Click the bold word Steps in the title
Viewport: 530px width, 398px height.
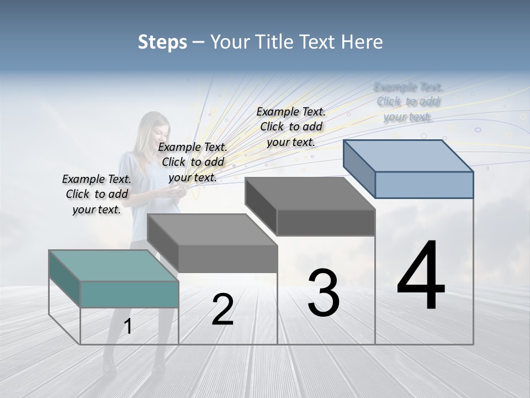[x=162, y=42]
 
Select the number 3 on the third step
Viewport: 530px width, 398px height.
[x=323, y=292]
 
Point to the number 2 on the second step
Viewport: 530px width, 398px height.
[x=222, y=310]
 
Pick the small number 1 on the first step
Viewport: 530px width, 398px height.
[x=128, y=327]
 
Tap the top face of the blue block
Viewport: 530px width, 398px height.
[x=409, y=155]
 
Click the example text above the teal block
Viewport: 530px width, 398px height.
[x=97, y=194]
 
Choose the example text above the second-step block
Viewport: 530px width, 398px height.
[x=193, y=162]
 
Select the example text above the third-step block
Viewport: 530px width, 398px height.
[x=291, y=127]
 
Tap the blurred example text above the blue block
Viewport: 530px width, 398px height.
[x=408, y=102]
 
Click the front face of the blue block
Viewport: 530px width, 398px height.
[x=424, y=185]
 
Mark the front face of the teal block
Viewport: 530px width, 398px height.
[x=129, y=294]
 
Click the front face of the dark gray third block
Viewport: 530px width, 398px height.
[x=326, y=222]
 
